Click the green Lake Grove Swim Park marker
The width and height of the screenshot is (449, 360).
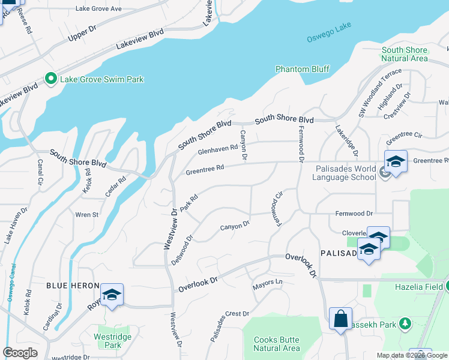pyautogui.click(x=51, y=79)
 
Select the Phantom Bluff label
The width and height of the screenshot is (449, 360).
pyautogui.click(x=303, y=69)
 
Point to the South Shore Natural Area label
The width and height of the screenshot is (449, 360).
pyautogui.click(x=405, y=54)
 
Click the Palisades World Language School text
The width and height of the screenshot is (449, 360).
pyautogui.click(x=346, y=173)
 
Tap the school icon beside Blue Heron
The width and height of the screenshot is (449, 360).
pyautogui.click(x=112, y=295)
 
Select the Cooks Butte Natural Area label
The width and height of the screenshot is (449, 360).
pyautogui.click(x=276, y=344)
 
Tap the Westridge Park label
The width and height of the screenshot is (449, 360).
pyautogui.click(x=113, y=341)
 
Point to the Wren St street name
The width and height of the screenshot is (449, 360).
pyautogui.click(x=87, y=214)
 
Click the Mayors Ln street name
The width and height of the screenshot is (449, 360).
pyautogui.click(x=267, y=281)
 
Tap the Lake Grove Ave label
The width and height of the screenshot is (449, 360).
pyautogui.click(x=98, y=9)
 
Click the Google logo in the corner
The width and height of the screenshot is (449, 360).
pyautogui.click(x=20, y=353)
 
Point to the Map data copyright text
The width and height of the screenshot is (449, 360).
pyautogui.click(x=411, y=355)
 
